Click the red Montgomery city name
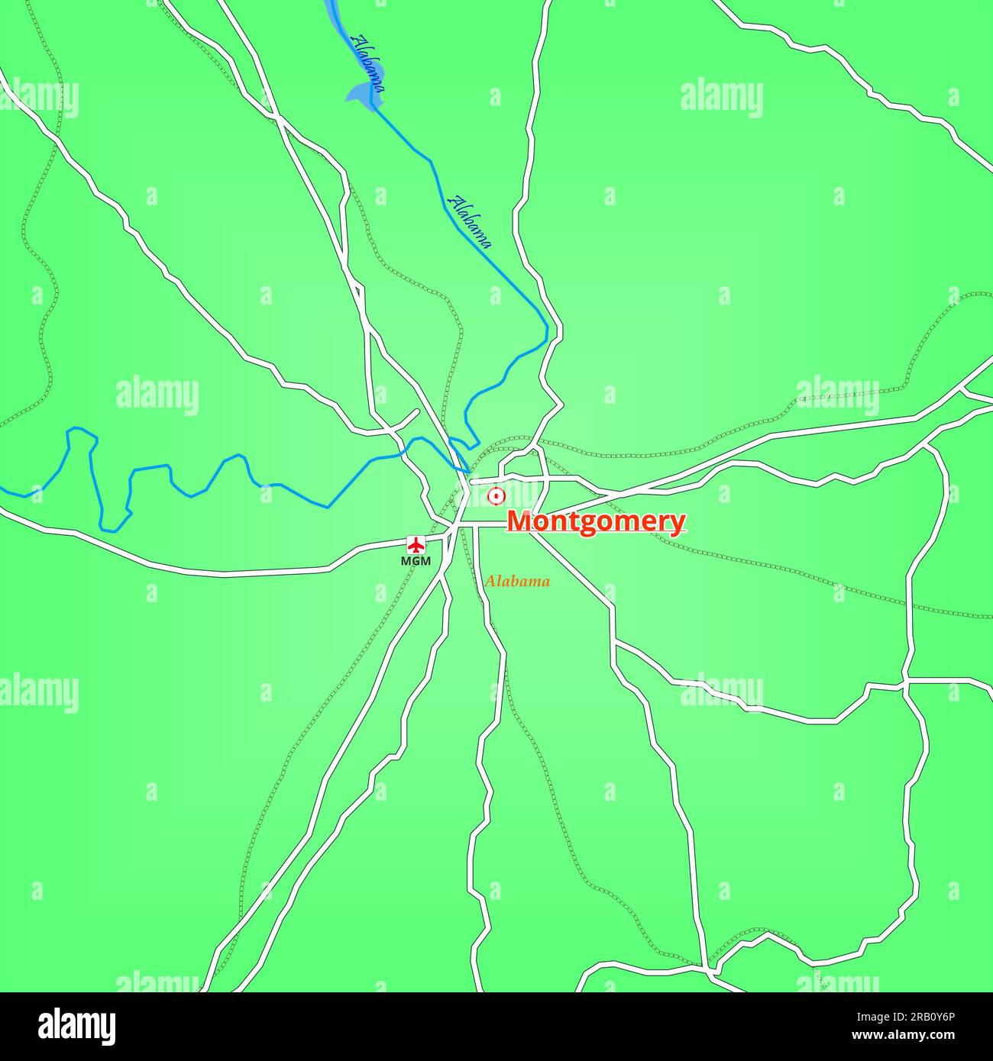(596, 521)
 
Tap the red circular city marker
(496, 495)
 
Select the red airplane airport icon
(416, 545)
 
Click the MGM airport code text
(416, 562)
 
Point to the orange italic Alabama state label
(517, 582)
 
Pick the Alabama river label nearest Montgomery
(471, 222)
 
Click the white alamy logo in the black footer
(77, 1026)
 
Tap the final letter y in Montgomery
(678, 524)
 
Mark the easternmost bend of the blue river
(547, 329)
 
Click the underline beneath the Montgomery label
(596, 534)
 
